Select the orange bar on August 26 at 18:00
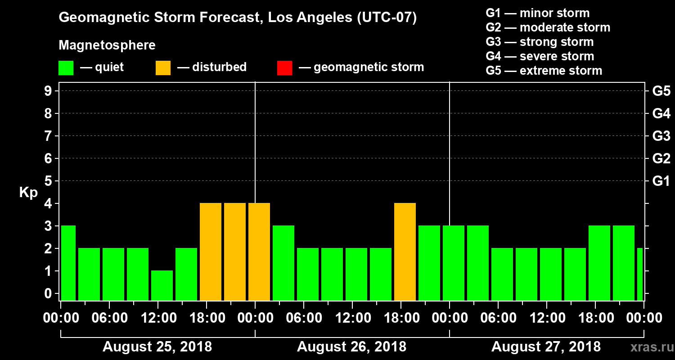405,252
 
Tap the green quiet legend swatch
66,67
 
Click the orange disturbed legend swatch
163,67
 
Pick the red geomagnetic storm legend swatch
284,67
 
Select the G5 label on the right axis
661,91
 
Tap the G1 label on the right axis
661,181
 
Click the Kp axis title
28,192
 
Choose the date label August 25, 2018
157,347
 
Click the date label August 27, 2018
546,347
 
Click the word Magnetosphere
107,45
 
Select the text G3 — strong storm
540,42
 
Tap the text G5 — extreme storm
544,71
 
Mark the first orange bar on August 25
211,252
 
